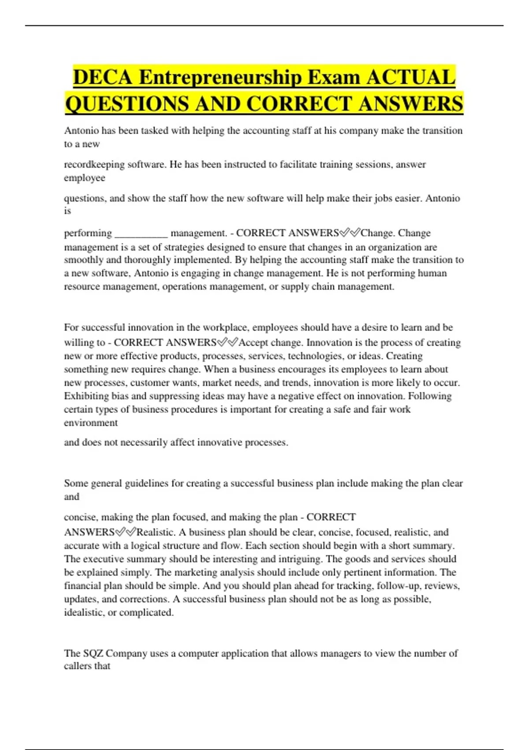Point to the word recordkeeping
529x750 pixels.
[94, 165]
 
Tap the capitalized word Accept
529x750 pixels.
[254, 343]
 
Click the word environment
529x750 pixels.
[91, 423]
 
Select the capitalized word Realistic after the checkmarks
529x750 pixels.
[156, 532]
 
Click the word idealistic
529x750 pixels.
[86, 613]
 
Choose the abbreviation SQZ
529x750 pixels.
[93, 653]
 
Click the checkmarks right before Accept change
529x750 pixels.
[227, 342]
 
